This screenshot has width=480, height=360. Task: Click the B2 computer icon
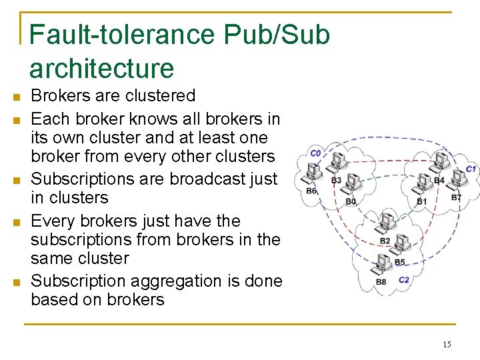[x=386, y=223]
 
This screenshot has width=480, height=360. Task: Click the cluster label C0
[x=315, y=153]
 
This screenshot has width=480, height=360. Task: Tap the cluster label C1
[x=471, y=169]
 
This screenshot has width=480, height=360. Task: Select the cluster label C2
[x=404, y=279]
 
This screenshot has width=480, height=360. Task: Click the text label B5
[x=399, y=262]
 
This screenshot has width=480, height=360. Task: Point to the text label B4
[x=439, y=181]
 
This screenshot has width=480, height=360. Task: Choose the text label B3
[x=336, y=180]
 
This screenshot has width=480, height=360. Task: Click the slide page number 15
[x=447, y=345]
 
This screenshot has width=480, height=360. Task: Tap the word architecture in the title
[x=101, y=68]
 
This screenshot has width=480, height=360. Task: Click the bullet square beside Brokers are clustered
[x=15, y=97]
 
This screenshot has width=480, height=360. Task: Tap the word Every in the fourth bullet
[x=52, y=221]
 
